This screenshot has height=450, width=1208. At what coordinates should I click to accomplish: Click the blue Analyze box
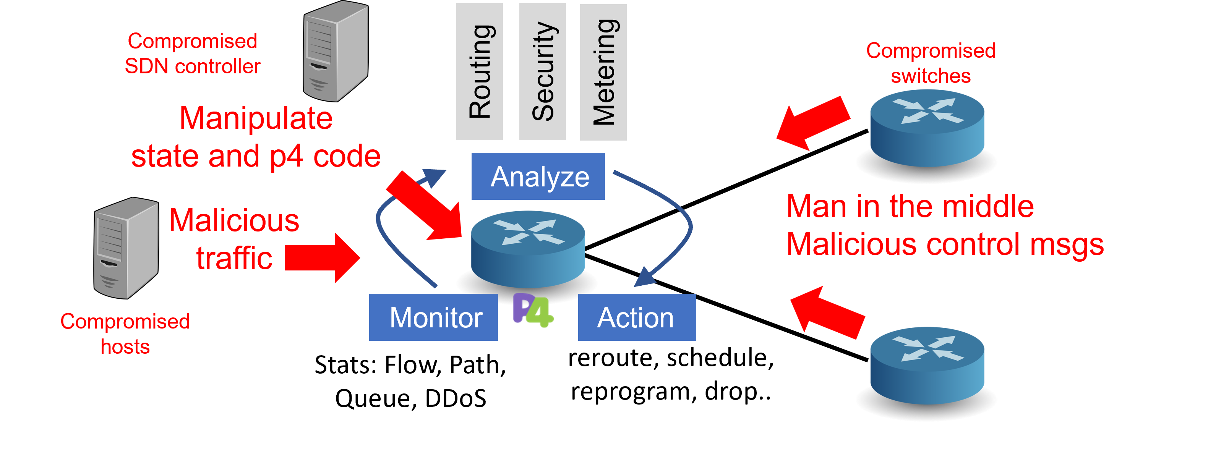coord(538,176)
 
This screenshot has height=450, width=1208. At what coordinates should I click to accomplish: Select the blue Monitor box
coord(433,317)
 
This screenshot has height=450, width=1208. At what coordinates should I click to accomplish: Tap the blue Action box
coord(637,317)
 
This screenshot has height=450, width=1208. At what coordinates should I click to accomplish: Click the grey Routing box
coord(479,71)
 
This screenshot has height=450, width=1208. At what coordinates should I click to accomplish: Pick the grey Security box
coord(543,71)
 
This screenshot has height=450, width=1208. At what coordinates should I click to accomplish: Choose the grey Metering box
coord(603,72)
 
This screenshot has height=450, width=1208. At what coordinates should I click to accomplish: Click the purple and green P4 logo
coord(533,310)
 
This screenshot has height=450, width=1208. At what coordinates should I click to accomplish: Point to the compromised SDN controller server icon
coord(336,51)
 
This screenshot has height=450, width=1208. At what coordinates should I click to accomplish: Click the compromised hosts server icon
coord(126,248)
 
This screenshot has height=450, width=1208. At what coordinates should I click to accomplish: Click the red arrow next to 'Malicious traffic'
coord(322,258)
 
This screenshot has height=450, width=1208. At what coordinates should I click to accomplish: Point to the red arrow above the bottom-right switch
coord(827,312)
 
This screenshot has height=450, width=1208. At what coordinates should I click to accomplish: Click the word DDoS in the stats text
coord(456,398)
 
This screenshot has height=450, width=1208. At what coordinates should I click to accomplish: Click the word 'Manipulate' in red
coord(256,118)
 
